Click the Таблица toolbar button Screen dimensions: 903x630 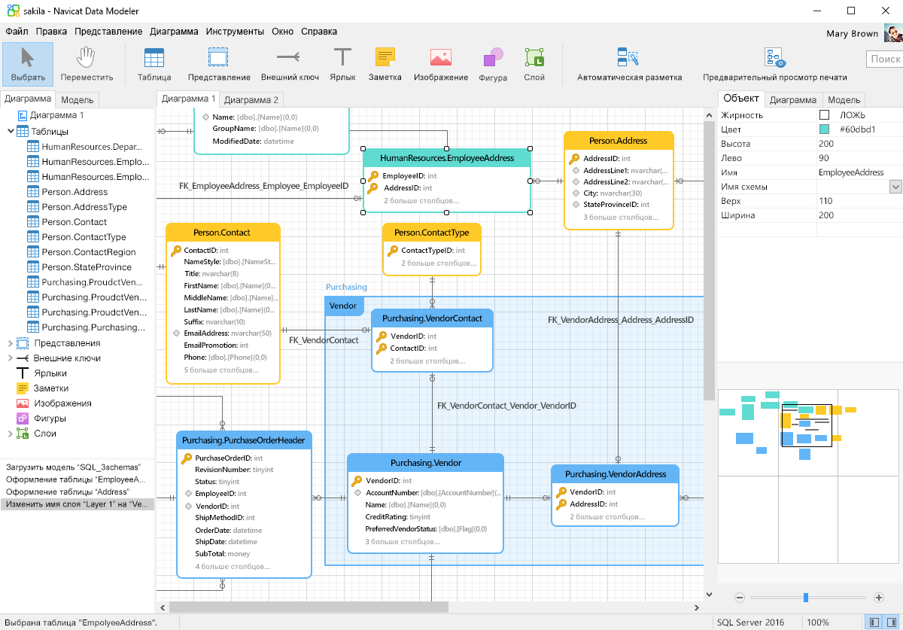154,65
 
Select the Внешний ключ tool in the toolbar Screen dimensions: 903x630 290,65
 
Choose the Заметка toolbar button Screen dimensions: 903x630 385,65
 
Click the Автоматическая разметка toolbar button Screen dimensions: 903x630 629,65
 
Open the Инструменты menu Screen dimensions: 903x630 235,32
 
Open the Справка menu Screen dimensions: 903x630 318,32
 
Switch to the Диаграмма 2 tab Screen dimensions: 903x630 251,99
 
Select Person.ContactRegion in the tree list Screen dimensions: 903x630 89,252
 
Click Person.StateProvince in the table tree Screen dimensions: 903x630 87,267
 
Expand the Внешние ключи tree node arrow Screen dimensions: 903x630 10,358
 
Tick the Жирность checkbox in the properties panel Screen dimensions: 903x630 825,115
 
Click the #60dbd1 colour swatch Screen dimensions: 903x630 825,129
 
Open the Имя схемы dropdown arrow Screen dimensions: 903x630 895,187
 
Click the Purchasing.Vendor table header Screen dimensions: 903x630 425,463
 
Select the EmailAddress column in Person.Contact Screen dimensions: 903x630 227,333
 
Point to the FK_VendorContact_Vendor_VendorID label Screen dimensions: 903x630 506,406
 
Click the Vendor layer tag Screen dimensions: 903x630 343,306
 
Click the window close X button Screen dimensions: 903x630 885,11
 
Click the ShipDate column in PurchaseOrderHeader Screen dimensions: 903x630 226,542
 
